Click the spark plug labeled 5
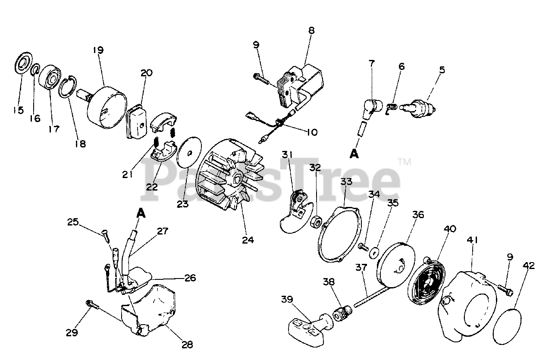coord(419,106)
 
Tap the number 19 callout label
coord(98,50)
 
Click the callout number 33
coord(346,182)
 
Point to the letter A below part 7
coord(354,153)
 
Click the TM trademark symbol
coord(404,162)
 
